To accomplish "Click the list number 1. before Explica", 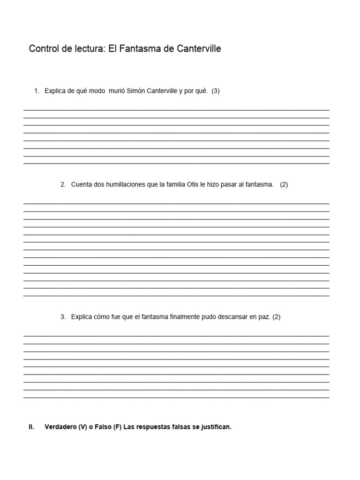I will (37, 91).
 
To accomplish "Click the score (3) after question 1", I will (216, 91).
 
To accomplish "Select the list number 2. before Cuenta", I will (63, 185).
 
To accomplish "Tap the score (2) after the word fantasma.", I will (284, 185).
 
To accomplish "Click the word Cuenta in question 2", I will (81, 185).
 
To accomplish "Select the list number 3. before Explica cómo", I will (63, 317).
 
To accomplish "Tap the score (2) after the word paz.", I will (276, 317).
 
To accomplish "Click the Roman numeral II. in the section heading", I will (31, 427).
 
